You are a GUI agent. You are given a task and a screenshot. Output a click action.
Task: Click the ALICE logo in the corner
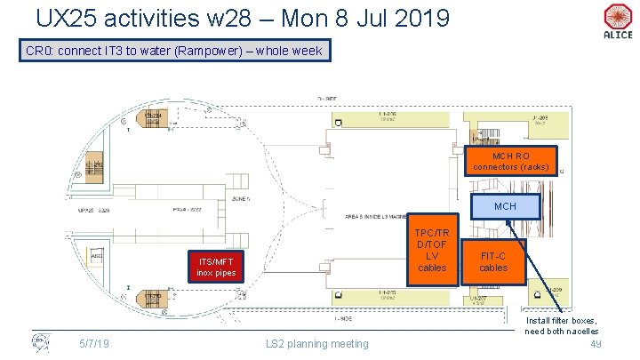[x=616, y=21]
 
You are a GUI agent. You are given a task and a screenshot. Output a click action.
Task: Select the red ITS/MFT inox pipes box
[x=217, y=266]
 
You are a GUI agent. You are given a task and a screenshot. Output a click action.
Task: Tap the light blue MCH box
[x=505, y=206]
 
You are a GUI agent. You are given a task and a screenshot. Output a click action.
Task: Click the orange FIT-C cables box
[x=493, y=261]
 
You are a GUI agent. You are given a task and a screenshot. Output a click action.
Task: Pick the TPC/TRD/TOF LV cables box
[x=433, y=250]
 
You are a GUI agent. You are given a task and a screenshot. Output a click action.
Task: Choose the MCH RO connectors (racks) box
[x=511, y=160]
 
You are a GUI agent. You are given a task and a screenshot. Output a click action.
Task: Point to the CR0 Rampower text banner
[x=174, y=52]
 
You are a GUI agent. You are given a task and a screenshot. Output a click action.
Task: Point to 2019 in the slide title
[x=417, y=18]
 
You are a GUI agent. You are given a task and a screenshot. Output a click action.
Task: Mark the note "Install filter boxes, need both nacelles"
[x=561, y=325]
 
